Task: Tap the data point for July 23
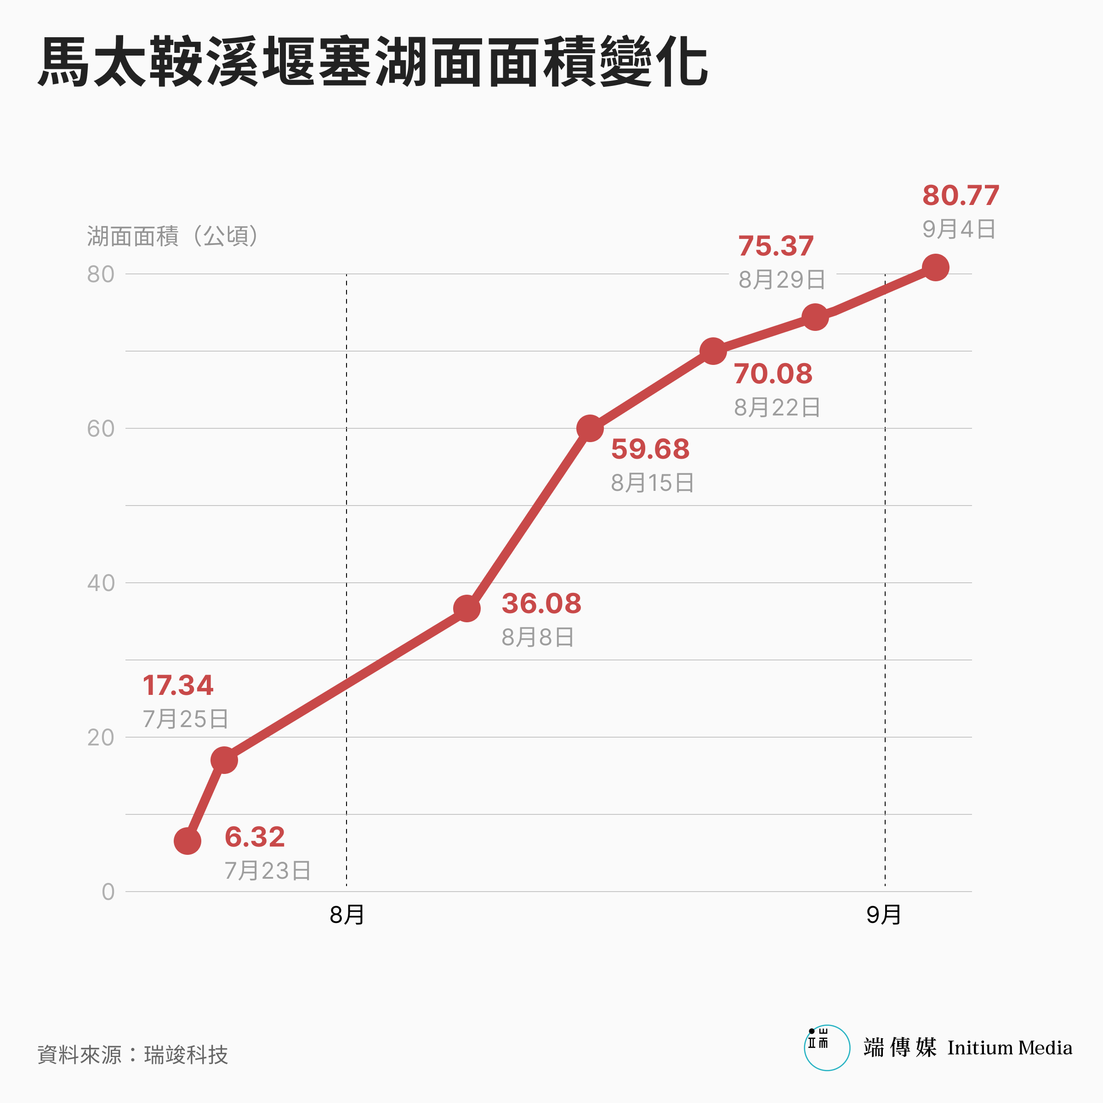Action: tap(187, 841)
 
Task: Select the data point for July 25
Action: tap(224, 760)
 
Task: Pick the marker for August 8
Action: tap(467, 608)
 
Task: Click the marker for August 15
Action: tap(590, 428)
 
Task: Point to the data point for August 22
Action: tap(713, 351)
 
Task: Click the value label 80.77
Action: tap(961, 195)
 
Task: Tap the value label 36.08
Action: tap(541, 603)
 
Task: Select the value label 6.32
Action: tap(255, 837)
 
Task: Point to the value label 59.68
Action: tap(650, 449)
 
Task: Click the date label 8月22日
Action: tap(777, 408)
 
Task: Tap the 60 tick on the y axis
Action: tap(101, 429)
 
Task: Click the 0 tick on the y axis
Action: tap(108, 892)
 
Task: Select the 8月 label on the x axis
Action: tap(347, 915)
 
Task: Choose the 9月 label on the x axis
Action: tap(884, 915)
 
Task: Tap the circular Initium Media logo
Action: tap(827, 1048)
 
